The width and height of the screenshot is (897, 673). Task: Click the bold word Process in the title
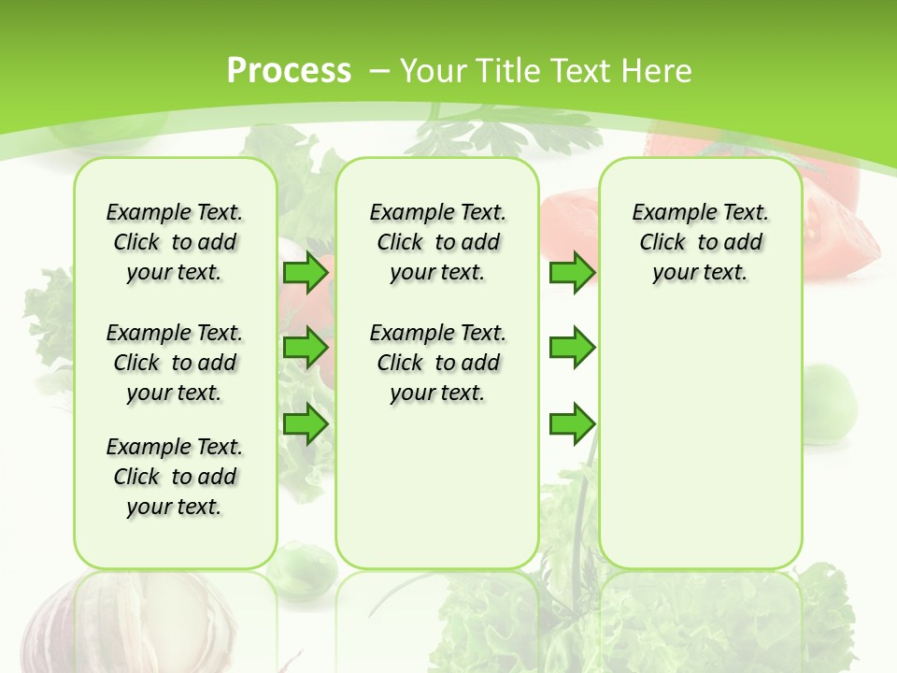(289, 70)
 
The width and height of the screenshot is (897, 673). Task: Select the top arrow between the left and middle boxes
(306, 273)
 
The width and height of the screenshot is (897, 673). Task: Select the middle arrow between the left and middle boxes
(306, 348)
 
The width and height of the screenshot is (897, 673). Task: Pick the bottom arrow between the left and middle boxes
(306, 423)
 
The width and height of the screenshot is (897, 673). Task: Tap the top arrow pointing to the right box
(572, 273)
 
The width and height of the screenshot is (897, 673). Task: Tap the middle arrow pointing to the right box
(572, 348)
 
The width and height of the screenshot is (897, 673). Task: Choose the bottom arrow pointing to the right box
(572, 423)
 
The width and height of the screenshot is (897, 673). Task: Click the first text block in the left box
(175, 242)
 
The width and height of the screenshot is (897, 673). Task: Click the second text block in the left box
(175, 363)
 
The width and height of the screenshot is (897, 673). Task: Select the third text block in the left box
(175, 477)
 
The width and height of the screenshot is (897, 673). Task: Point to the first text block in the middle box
(437, 242)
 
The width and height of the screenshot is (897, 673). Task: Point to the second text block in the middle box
(437, 363)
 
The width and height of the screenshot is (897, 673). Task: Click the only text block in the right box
(700, 242)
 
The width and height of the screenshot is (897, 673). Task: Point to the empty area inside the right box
(700, 439)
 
